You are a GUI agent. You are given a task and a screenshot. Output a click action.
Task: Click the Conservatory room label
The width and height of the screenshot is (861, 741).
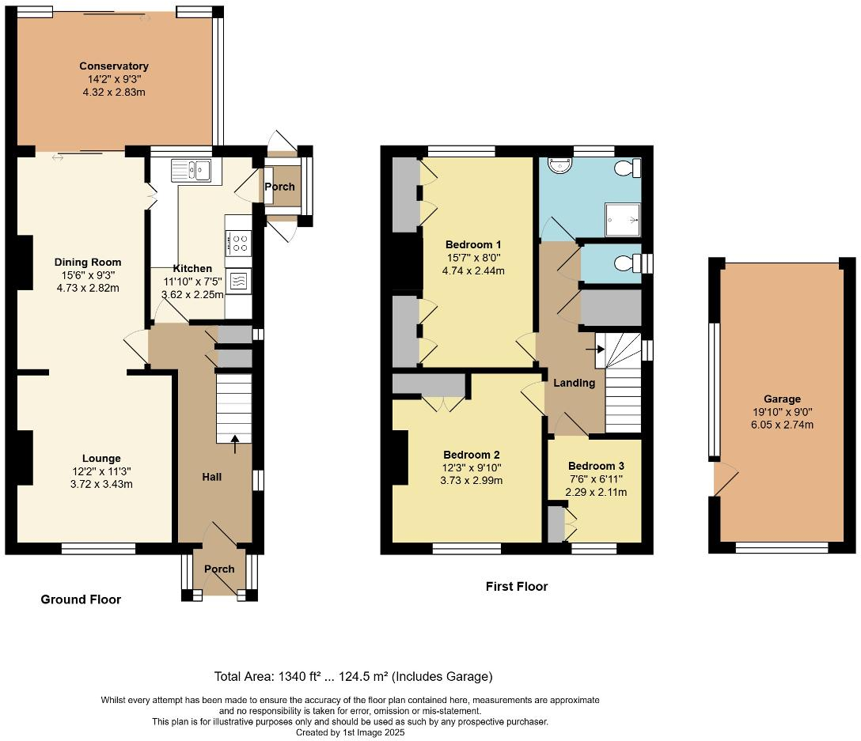coord(114,66)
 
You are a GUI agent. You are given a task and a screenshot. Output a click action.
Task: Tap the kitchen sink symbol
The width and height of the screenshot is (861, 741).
coord(190,170)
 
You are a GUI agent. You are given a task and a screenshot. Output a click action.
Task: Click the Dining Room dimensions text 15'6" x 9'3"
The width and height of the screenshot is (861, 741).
coord(87,275)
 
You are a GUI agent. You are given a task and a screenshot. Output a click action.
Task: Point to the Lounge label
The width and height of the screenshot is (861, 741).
coord(101,458)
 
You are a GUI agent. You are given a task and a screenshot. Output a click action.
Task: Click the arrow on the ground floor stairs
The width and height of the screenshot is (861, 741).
coord(234,444)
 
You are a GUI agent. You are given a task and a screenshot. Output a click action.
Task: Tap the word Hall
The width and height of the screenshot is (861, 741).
coord(211,477)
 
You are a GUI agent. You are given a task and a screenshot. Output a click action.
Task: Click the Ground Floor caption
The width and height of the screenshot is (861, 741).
coord(81,599)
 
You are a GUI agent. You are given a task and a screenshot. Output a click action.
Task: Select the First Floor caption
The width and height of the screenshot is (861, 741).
coord(516,586)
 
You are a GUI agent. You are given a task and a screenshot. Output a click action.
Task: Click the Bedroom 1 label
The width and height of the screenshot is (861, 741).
coord(473,244)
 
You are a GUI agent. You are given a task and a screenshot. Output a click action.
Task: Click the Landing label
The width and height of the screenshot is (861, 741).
coord(574,383)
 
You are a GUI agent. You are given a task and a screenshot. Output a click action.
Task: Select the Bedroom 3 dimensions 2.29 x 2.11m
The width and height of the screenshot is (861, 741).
coord(596,492)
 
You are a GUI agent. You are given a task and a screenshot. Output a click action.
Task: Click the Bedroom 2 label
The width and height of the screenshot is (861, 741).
coord(472,455)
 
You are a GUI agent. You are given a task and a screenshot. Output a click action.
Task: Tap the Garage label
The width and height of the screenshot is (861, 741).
coord(782,399)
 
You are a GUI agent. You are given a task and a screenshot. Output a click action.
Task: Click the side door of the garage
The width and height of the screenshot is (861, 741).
coord(725,478)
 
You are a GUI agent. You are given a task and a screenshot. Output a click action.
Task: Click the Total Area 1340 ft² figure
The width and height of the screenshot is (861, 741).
coord(305,676)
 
